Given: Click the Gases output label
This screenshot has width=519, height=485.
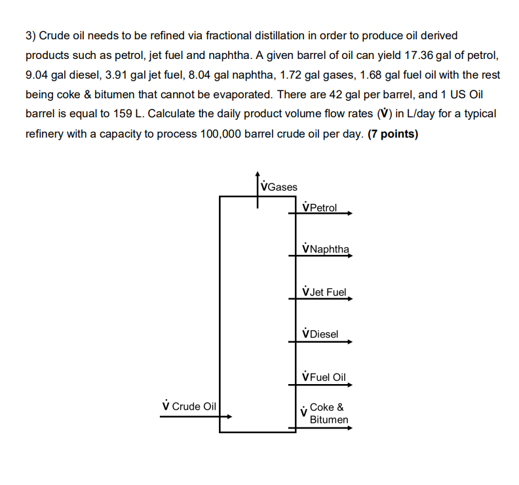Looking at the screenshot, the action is coord(279,187).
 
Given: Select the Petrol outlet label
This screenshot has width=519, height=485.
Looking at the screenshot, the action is coord(320,208).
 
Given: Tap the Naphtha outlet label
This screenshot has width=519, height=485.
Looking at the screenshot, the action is coord(326,250).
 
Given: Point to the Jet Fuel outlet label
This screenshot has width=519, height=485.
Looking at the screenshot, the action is coord(324,292).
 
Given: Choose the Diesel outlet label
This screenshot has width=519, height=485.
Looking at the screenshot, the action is coord(320,334).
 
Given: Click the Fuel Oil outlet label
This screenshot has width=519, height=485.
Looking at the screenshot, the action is coord(323,377).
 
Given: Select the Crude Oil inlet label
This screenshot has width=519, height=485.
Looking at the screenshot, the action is coord(189,406).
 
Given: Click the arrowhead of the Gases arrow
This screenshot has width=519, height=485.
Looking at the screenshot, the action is coord(258,174).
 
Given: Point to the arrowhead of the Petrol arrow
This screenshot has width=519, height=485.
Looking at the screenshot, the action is coord(351,214).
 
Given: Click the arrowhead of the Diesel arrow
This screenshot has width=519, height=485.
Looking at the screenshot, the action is coord(351,341).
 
